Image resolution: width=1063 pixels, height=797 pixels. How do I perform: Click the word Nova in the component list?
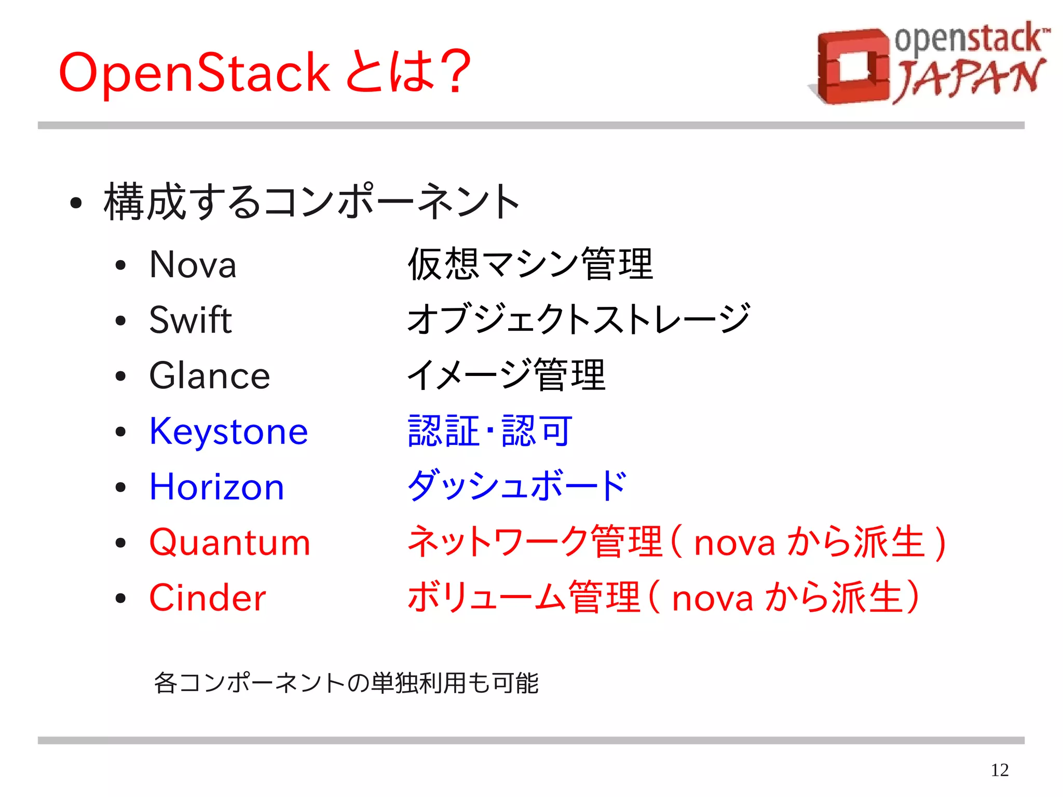193,264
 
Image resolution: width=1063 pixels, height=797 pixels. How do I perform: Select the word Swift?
190,320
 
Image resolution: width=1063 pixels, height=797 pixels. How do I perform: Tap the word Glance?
210,375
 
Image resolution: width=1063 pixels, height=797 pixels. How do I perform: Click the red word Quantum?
229,542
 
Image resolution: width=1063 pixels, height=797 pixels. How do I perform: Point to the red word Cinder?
207,598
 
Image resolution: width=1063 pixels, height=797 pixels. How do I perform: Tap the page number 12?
999,769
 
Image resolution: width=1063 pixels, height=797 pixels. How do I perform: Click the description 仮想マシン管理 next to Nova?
530,264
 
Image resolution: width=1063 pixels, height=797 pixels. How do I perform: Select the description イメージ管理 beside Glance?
506,375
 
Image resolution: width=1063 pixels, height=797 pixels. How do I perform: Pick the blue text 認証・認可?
490,431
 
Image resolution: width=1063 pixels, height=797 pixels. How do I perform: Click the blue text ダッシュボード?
517,486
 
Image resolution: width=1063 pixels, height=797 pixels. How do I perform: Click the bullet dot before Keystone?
121,432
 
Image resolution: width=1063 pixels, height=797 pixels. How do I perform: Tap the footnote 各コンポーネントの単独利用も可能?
346,683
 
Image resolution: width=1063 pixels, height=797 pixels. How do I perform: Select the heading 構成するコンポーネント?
311,201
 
